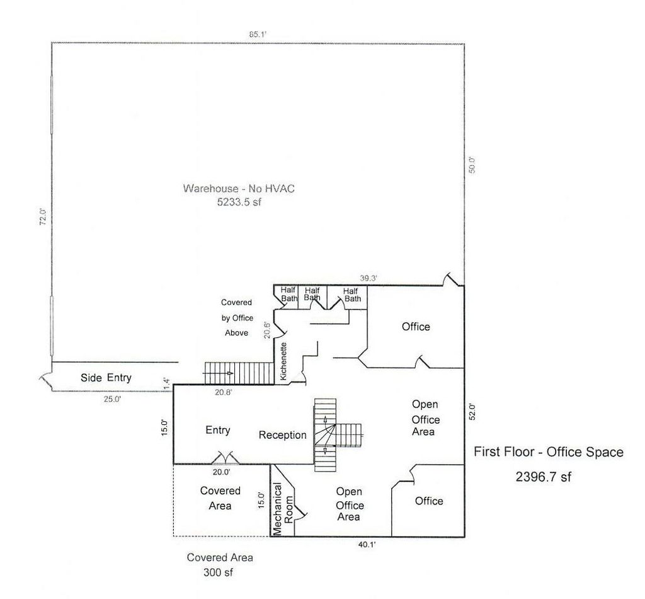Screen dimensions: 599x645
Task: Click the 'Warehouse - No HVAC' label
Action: pos(239,188)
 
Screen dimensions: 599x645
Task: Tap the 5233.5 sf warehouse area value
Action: pos(239,203)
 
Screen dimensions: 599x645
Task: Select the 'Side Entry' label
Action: pos(106,378)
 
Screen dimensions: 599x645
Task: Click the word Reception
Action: pos(283,435)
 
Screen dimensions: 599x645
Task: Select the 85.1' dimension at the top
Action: pos(258,35)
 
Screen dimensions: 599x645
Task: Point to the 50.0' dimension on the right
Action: pos(472,165)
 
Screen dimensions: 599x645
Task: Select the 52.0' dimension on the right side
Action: pos(472,411)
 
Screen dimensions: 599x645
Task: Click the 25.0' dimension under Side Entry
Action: pos(111,398)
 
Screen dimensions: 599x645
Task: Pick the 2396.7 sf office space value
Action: pos(543,477)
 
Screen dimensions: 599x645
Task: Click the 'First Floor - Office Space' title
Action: pos(548,451)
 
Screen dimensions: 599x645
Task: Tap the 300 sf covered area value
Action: pos(220,573)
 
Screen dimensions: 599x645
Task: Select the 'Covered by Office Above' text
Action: pos(236,318)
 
